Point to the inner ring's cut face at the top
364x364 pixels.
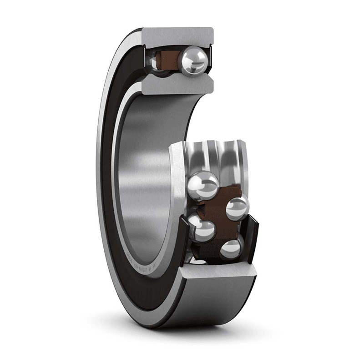(177, 85)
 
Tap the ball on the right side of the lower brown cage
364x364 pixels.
(238, 208)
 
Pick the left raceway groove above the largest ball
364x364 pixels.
(200, 157)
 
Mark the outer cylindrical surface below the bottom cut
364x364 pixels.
(214, 300)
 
